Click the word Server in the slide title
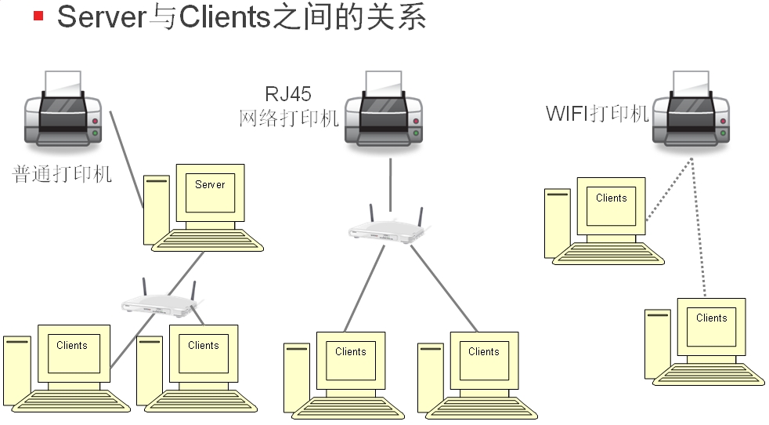pos(102,16)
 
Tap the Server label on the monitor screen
pos(210,184)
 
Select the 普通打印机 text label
pos(63,174)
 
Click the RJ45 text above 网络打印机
pos(288,95)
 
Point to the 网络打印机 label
pos(289,118)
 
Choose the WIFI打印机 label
pos(598,114)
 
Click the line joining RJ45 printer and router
pos(389,183)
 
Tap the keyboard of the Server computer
pos(208,240)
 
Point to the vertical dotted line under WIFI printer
pos(699,227)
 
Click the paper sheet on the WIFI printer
pos(691,82)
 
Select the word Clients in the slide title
pos(226,16)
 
